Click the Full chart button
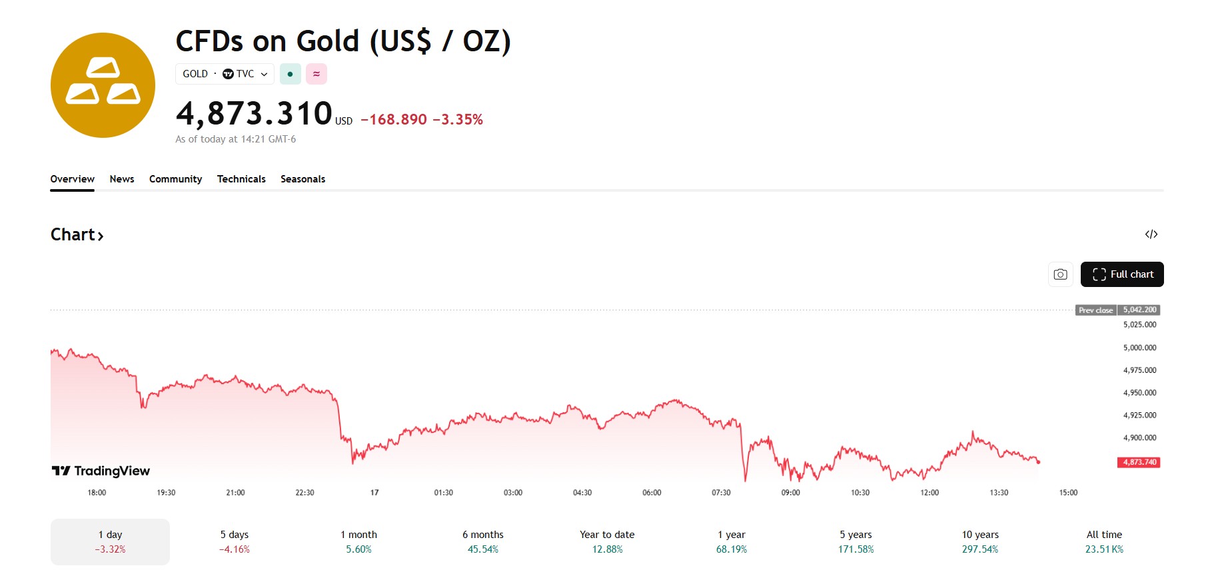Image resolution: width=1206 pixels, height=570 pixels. point(1121,274)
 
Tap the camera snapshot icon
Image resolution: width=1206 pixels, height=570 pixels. point(1060,274)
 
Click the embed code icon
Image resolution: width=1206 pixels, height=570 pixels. point(1151,234)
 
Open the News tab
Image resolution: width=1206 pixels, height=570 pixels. point(122,179)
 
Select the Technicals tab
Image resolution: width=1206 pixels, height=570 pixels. point(241,179)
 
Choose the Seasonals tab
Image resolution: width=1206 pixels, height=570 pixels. point(302,179)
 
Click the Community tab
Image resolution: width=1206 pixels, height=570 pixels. point(175,179)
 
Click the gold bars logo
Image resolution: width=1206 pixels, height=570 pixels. point(103,85)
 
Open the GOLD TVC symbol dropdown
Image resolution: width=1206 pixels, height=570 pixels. point(225,74)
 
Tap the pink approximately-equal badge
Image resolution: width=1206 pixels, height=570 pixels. point(316,74)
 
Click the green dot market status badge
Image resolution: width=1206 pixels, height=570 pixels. point(290,74)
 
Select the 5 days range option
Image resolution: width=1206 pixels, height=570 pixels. point(235,541)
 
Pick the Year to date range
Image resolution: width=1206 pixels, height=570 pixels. point(607,541)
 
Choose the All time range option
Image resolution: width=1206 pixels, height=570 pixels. point(1104,541)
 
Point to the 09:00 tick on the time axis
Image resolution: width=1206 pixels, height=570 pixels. point(790,493)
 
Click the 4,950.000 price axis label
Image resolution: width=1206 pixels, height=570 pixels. point(1139,393)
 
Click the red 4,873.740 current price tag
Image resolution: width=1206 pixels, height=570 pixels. point(1139,462)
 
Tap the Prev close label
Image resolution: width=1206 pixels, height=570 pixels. point(1095,310)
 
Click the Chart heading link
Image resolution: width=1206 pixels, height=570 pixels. point(77,235)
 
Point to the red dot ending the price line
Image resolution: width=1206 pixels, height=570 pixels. point(1038,461)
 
